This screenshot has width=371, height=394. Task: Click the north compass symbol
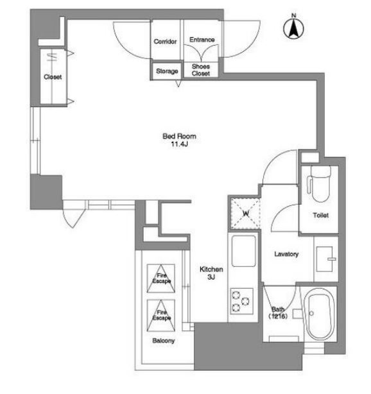click(x=293, y=27)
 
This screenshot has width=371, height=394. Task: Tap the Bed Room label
click(x=179, y=137)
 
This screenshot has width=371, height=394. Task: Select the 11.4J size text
click(x=179, y=144)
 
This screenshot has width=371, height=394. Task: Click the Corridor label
click(x=165, y=42)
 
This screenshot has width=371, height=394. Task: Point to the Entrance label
click(x=202, y=40)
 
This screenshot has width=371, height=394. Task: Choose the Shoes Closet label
click(x=200, y=70)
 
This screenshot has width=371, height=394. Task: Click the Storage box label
click(x=167, y=71)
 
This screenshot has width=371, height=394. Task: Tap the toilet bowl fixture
click(x=319, y=184)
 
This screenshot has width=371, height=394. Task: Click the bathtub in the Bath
click(x=319, y=314)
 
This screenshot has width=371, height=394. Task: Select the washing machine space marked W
click(x=245, y=214)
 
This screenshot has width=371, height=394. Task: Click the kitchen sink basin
click(x=243, y=251)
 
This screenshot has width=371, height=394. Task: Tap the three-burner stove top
click(x=241, y=301)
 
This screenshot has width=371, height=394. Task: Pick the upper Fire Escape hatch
click(x=161, y=278)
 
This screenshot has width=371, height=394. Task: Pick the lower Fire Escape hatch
click(x=161, y=315)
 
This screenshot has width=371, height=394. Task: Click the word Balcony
click(x=164, y=341)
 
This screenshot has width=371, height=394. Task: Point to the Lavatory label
click(x=286, y=254)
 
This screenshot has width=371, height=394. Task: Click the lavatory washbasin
click(x=326, y=259)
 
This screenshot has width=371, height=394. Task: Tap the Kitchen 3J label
click(x=211, y=273)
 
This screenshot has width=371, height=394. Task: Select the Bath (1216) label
click(x=278, y=313)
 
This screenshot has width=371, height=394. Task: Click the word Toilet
click(x=321, y=216)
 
